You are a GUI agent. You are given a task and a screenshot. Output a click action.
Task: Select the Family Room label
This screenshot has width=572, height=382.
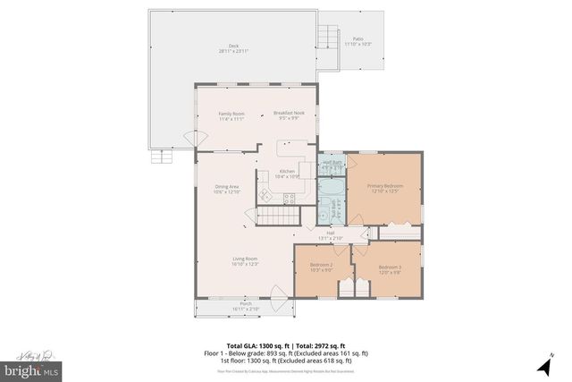click(x=231, y=115)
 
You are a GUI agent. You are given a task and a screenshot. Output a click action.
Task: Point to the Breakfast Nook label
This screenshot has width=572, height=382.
click(x=290, y=115)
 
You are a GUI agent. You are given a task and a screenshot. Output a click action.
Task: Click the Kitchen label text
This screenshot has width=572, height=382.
click(x=287, y=174)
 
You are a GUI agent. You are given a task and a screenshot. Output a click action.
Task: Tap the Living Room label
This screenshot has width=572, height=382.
click(x=244, y=261)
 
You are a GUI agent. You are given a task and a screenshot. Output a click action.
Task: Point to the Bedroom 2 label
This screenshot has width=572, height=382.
click(x=321, y=267)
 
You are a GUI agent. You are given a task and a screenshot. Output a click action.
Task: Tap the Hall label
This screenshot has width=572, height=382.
click(x=331, y=236)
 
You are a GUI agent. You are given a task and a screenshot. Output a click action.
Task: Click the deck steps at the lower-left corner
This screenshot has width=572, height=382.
click(x=163, y=157)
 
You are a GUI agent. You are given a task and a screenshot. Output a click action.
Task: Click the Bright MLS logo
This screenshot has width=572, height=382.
click(x=31, y=367)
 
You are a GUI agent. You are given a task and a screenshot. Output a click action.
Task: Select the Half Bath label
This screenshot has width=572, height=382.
click(x=332, y=165)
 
